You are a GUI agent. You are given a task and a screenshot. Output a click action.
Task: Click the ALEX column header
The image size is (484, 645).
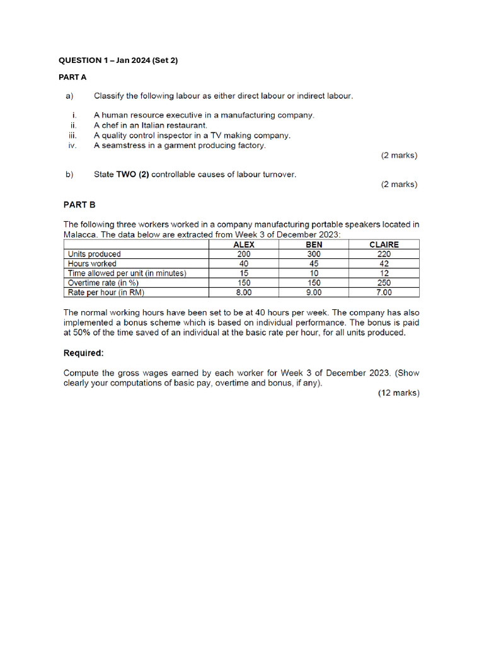click(244, 244)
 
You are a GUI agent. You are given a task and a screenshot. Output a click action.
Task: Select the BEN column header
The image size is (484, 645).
click(314, 244)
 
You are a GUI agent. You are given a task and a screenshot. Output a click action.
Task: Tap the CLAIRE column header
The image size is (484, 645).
click(384, 244)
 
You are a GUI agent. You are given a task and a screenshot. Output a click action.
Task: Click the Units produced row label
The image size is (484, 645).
click(94, 254)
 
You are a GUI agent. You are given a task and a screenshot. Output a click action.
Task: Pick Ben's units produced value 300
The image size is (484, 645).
click(314, 254)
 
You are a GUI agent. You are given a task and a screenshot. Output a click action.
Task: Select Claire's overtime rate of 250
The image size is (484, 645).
click(384, 283)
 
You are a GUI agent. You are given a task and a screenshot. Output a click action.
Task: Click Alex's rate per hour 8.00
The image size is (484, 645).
click(244, 292)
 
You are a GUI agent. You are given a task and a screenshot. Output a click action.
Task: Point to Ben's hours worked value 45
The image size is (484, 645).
click(314, 263)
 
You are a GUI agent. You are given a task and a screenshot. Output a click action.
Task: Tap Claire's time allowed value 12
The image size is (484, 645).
click(384, 273)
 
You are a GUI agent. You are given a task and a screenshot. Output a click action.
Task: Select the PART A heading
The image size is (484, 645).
click(72, 77)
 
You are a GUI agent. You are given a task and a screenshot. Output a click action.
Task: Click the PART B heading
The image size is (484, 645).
click(79, 204)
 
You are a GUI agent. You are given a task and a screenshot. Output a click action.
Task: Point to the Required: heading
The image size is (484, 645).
click(83, 353)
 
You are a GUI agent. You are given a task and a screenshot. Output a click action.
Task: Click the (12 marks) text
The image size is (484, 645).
click(398, 392)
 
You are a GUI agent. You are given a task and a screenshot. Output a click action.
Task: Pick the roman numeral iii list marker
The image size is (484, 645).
click(73, 135)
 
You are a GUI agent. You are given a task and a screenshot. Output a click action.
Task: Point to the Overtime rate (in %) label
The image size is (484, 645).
click(103, 283)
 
